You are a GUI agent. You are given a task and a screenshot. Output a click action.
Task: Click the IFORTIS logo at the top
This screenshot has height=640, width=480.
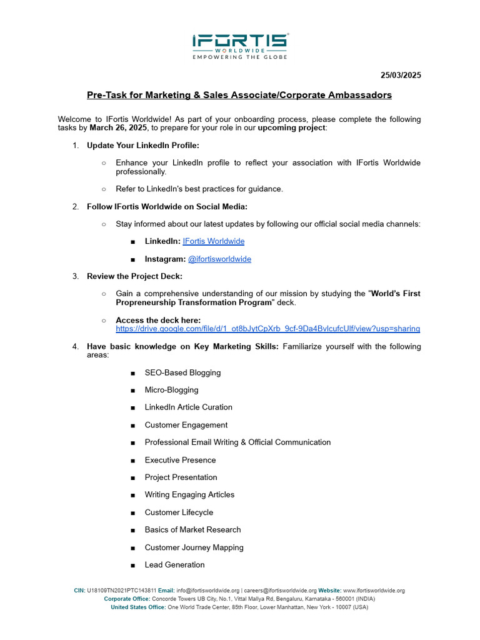(240, 46)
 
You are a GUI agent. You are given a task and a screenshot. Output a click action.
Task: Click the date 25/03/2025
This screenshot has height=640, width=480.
(401, 76)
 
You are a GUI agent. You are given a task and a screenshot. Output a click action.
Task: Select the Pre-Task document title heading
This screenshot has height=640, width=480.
(239, 95)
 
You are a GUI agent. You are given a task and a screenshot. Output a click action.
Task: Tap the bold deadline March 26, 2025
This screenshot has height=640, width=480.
(118, 127)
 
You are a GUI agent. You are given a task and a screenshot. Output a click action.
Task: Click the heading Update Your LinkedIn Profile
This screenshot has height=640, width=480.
(143, 146)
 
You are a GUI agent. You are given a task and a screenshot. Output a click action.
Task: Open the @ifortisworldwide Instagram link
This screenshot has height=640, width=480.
(219, 259)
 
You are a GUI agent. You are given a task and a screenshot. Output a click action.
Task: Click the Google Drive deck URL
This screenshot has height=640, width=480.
(267, 328)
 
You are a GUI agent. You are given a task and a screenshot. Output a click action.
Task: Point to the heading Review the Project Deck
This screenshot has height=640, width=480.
(134, 276)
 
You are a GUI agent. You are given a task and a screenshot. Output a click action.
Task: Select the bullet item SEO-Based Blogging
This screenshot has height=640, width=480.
(182, 372)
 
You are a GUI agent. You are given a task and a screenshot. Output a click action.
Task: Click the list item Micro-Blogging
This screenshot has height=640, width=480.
(171, 390)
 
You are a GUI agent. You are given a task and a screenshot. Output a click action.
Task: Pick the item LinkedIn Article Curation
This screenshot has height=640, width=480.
(188, 407)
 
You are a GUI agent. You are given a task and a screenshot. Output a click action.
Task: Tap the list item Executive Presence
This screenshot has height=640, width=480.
(180, 460)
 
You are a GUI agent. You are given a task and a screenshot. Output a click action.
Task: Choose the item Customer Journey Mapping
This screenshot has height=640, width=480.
(194, 547)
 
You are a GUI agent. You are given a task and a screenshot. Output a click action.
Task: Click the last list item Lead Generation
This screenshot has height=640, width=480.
(174, 565)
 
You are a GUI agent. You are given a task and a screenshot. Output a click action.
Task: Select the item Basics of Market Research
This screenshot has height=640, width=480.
(192, 530)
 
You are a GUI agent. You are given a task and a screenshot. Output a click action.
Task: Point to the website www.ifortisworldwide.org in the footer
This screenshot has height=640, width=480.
(374, 591)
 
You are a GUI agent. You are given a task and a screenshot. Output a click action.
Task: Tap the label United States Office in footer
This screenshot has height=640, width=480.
(137, 607)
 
